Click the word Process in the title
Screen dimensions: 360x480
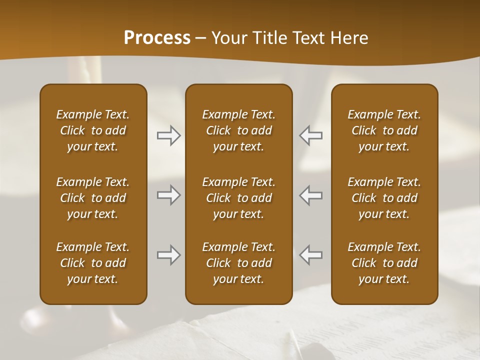tap(157, 38)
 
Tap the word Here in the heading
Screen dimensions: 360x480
tap(348, 38)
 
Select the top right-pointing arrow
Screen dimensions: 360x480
tap(168, 135)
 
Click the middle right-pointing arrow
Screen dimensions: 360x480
tap(168, 195)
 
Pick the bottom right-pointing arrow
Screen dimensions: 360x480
tap(168, 255)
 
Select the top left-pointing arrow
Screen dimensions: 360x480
tap(310, 135)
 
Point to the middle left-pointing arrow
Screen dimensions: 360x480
tap(310, 195)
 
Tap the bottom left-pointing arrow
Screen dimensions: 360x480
tap(310, 255)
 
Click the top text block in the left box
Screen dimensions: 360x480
tap(93, 130)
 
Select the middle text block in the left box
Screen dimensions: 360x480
tap(93, 198)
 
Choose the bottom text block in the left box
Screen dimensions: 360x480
tap(93, 263)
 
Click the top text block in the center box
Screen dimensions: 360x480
tap(238, 130)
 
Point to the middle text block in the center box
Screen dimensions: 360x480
tap(238, 198)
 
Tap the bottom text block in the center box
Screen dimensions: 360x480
tap(238, 263)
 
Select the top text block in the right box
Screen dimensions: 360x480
tap(384, 130)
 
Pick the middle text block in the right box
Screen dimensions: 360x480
tap(384, 198)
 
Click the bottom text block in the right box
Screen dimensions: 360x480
tap(384, 263)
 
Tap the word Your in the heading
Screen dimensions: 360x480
tap(228, 38)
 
